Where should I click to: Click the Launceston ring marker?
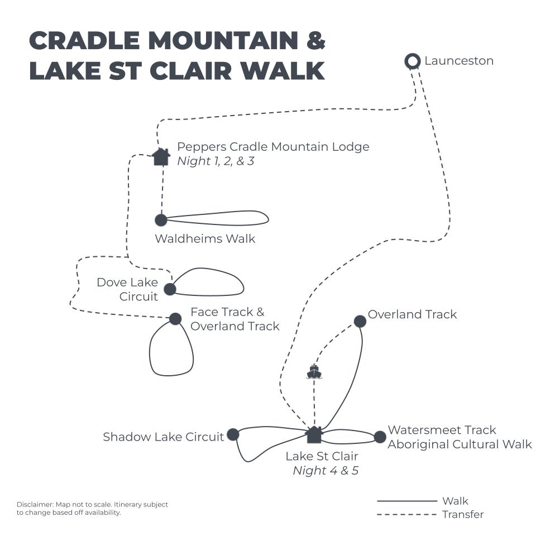pyautogui.click(x=413, y=61)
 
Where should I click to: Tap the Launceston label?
pyautogui.click(x=459, y=61)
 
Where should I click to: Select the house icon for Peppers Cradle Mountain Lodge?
pyautogui.click(x=161, y=156)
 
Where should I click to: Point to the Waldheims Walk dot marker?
pyautogui.click(x=161, y=220)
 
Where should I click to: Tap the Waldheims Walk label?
pyautogui.click(x=205, y=239)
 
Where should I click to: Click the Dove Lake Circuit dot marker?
pyautogui.click(x=170, y=289)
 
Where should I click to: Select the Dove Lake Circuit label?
pyautogui.click(x=127, y=289)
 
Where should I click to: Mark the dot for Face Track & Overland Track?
pyautogui.click(x=175, y=319)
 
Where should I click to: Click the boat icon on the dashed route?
pyautogui.click(x=314, y=371)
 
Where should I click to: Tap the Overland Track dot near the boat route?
pyautogui.click(x=360, y=321)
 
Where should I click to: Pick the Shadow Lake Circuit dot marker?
pyautogui.click(x=233, y=434)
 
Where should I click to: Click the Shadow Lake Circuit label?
pyautogui.click(x=163, y=437)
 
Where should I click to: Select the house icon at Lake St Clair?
pyautogui.click(x=314, y=434)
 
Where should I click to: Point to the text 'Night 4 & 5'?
pyautogui.click(x=326, y=471)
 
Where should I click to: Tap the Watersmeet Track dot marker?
pyautogui.click(x=380, y=437)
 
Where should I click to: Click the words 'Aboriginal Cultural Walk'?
pyautogui.click(x=460, y=444)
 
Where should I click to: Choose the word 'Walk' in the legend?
pyautogui.click(x=455, y=501)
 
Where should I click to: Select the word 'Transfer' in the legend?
pyautogui.click(x=463, y=514)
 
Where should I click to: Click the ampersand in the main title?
pyautogui.click(x=313, y=41)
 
